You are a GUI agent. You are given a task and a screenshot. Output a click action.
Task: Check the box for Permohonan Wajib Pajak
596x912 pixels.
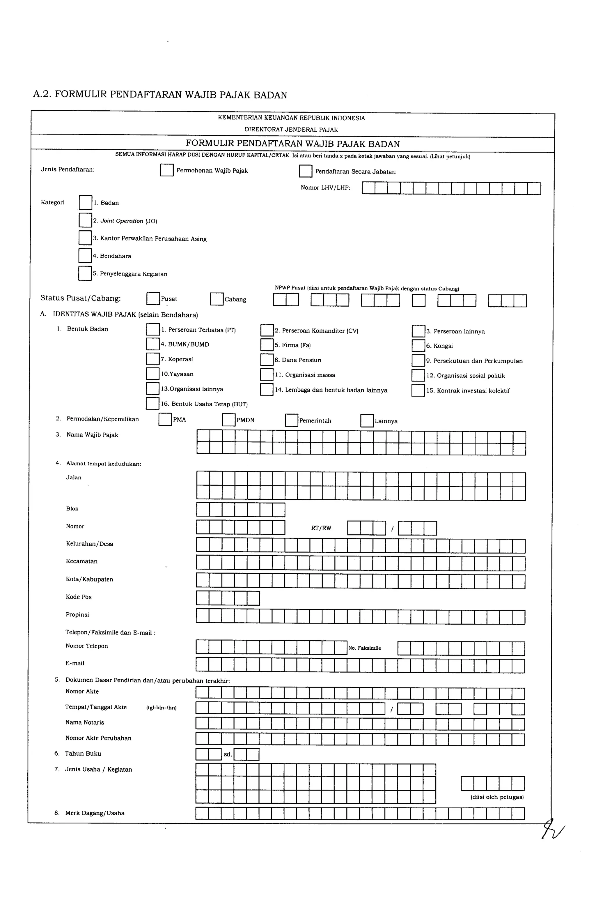(167, 170)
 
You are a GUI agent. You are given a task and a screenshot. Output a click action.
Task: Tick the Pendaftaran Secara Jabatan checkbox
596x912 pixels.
(305, 171)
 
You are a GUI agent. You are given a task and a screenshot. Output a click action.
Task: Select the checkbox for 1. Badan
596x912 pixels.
(86, 202)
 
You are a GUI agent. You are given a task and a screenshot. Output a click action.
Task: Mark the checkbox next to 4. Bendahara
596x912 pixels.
(85, 256)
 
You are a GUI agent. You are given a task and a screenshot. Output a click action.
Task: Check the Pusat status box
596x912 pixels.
(153, 298)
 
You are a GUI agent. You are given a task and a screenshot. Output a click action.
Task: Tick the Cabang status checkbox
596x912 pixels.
(217, 299)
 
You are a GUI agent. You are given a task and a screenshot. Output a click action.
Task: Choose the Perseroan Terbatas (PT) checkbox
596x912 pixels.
(153, 330)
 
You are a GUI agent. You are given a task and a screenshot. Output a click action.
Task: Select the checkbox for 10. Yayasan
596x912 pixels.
(152, 374)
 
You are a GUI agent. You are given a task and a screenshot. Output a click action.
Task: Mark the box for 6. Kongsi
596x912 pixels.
(418, 346)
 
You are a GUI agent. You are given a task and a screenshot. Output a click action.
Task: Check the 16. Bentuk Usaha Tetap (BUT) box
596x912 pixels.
(152, 404)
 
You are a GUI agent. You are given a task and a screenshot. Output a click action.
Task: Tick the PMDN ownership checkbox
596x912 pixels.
(229, 420)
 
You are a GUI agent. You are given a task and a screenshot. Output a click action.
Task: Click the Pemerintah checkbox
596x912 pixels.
(292, 420)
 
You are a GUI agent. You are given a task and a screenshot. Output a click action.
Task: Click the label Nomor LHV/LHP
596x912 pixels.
(325, 188)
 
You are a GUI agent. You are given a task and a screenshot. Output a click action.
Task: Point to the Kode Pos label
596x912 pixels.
(79, 597)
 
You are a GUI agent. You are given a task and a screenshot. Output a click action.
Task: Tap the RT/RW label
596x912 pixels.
(321, 528)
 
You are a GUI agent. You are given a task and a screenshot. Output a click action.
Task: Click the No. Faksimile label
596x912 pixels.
(364, 648)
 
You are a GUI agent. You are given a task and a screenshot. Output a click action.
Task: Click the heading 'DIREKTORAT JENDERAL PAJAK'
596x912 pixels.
(291, 130)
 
